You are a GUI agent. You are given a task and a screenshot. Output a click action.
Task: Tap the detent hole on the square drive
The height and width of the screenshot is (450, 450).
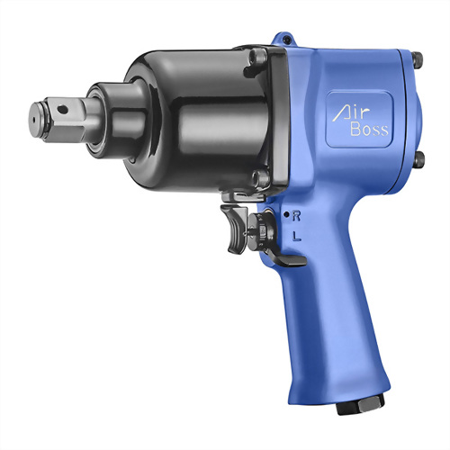click(63, 109)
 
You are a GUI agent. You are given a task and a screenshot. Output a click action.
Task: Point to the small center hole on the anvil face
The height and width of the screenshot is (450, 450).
click(33, 120)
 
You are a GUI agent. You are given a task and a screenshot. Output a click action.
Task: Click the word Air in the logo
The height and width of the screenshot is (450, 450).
click(351, 115)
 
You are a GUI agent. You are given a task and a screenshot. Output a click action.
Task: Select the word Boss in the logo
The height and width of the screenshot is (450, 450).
click(369, 130)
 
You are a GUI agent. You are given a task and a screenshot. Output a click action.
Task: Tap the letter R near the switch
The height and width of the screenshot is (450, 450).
click(296, 216)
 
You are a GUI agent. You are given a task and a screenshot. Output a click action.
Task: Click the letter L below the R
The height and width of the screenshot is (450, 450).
click(297, 236)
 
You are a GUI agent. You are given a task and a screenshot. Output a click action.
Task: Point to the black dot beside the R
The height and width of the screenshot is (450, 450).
click(286, 214)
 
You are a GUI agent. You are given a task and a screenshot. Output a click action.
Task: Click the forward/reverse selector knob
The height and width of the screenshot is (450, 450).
click(260, 230)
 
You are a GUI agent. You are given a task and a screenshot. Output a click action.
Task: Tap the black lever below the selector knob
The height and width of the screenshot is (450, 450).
click(287, 260)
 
